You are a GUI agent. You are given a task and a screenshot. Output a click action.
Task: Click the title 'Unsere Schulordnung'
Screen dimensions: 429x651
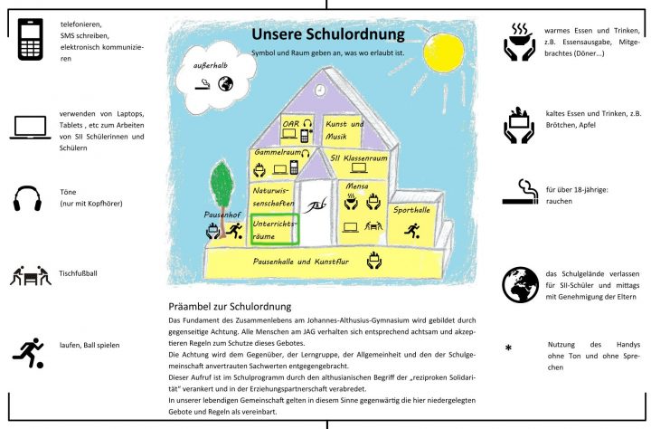click(327, 35)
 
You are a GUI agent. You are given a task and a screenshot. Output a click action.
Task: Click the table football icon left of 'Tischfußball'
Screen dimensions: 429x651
click(30, 274)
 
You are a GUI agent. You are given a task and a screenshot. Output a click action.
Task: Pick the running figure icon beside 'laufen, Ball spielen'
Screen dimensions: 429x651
click(29, 351)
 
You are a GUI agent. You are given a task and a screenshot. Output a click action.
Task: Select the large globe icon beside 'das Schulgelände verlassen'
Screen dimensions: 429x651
click(519, 283)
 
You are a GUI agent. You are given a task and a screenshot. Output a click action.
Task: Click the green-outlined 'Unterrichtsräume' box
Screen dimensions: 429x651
click(275, 228)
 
